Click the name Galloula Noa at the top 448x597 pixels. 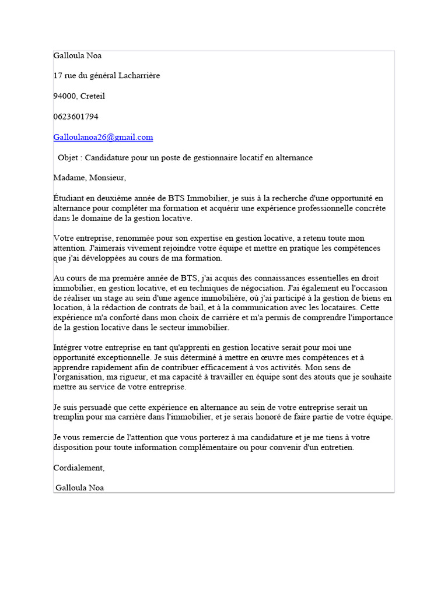(x=78, y=55)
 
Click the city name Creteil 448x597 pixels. (x=92, y=96)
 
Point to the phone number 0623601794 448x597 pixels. (x=76, y=117)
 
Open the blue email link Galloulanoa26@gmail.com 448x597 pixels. (x=103, y=137)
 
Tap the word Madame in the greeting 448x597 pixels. (x=69, y=178)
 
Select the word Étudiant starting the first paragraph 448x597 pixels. (x=69, y=198)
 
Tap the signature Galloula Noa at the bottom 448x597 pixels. (x=80, y=488)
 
